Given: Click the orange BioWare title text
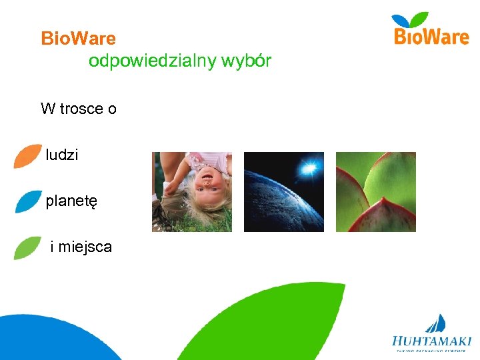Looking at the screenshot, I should click(x=78, y=39).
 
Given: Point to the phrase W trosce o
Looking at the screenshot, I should click(x=78, y=109).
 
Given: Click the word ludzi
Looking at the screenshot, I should click(x=62, y=155).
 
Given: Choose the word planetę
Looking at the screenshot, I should click(x=71, y=201).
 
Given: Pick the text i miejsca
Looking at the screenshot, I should click(x=81, y=247).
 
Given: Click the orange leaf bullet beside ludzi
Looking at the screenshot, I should click(x=27, y=155).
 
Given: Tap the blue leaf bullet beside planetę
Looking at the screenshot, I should click(x=28, y=201).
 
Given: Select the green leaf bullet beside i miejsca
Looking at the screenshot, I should click(x=27, y=247).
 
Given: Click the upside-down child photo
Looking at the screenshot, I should click(x=192, y=192).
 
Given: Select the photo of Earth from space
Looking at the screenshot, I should click(x=284, y=192).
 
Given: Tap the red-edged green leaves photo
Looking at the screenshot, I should click(x=375, y=192).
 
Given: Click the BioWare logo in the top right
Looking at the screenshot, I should click(x=431, y=30).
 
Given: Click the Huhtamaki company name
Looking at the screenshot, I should click(x=431, y=340).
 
